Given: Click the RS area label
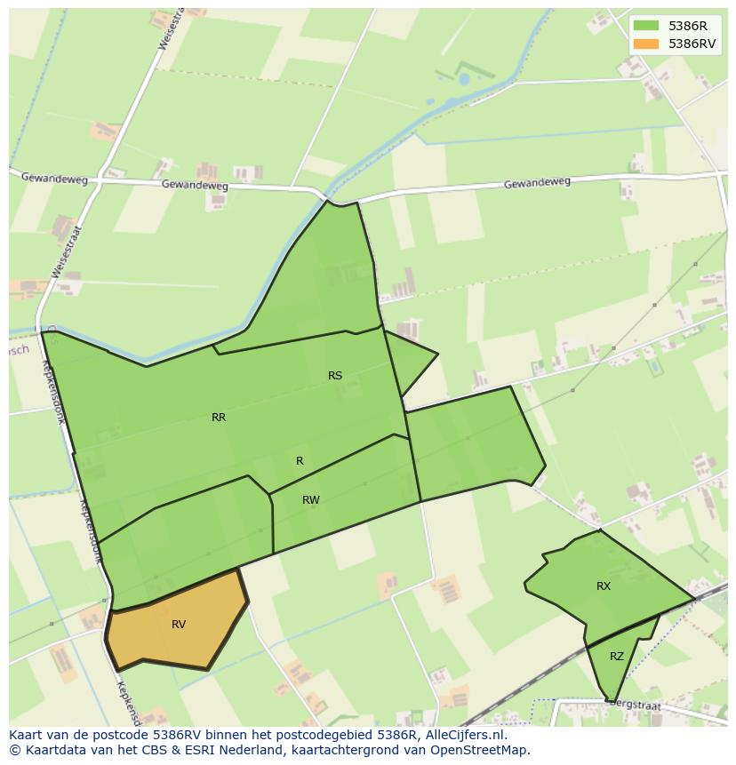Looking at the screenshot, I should pos(335,376).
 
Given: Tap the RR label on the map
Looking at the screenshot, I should pos(219,418).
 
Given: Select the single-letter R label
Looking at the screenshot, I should pos(300,461).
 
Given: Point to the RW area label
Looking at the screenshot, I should pos(310,500).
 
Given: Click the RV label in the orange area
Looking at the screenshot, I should pos(179,625).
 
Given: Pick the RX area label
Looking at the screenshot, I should pos(604,586).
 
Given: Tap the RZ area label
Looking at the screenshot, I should pos(617,657).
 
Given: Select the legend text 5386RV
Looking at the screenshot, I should pos(692,44).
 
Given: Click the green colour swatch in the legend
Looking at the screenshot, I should pos(646,26).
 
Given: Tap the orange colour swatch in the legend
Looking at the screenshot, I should pos(646,44).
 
